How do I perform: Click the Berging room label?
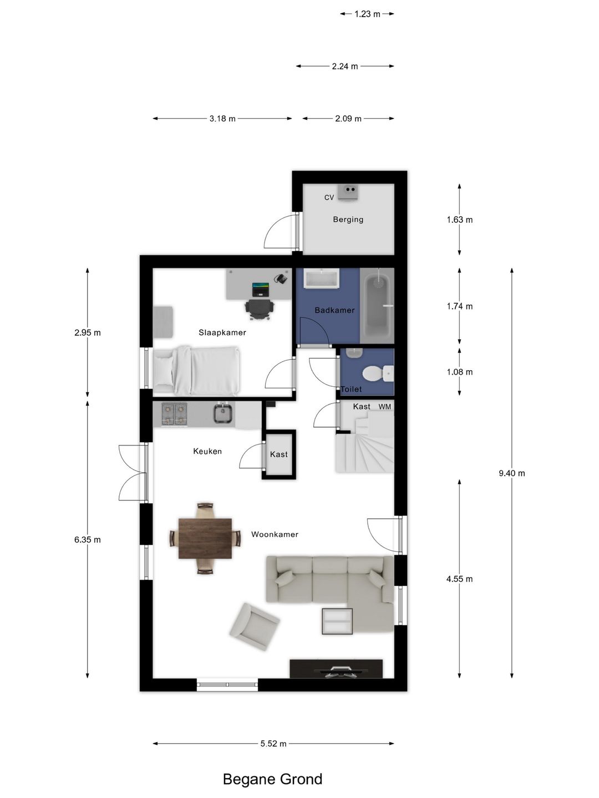tap(348, 219)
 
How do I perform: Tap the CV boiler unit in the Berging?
tap(348, 192)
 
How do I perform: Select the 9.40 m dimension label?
tap(512, 473)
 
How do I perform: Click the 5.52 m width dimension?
tap(273, 744)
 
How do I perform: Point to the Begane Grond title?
tap(272, 779)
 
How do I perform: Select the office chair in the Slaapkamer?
tap(260, 309)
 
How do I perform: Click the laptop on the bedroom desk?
tap(261, 289)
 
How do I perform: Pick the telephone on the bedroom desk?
tap(281, 278)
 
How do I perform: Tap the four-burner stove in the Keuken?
tap(174, 414)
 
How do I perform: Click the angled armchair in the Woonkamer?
tap(254, 626)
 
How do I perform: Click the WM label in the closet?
tap(385, 406)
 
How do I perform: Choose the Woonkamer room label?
tap(275, 534)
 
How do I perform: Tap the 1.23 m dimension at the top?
tap(367, 14)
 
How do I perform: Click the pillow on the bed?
tap(164, 371)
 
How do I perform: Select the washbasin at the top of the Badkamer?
tap(322, 279)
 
